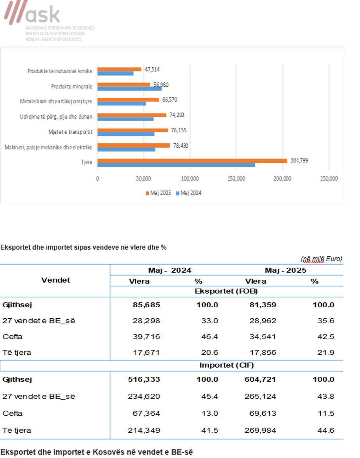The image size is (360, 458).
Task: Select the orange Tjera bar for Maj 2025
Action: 192,161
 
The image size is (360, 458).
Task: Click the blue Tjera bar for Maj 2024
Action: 176,165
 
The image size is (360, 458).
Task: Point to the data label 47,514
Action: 152,69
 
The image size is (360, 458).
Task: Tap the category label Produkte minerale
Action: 72,86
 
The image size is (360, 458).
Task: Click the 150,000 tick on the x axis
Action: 236,179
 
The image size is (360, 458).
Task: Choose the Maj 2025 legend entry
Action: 159,193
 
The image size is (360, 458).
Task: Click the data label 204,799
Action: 299,161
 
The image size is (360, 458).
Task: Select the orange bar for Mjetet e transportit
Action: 133,130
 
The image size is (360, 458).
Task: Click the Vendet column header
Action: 55,280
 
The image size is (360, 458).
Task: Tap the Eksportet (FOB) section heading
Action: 226,291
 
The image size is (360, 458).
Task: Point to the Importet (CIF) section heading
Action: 226,365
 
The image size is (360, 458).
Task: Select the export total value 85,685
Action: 146,305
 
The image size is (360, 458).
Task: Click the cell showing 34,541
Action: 262,337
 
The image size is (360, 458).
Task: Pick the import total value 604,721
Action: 260,379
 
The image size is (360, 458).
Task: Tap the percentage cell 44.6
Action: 325,430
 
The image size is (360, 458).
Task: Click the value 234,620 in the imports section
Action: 144,397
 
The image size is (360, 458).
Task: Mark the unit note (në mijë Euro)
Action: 321,259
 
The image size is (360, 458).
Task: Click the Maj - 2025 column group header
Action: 285,270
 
